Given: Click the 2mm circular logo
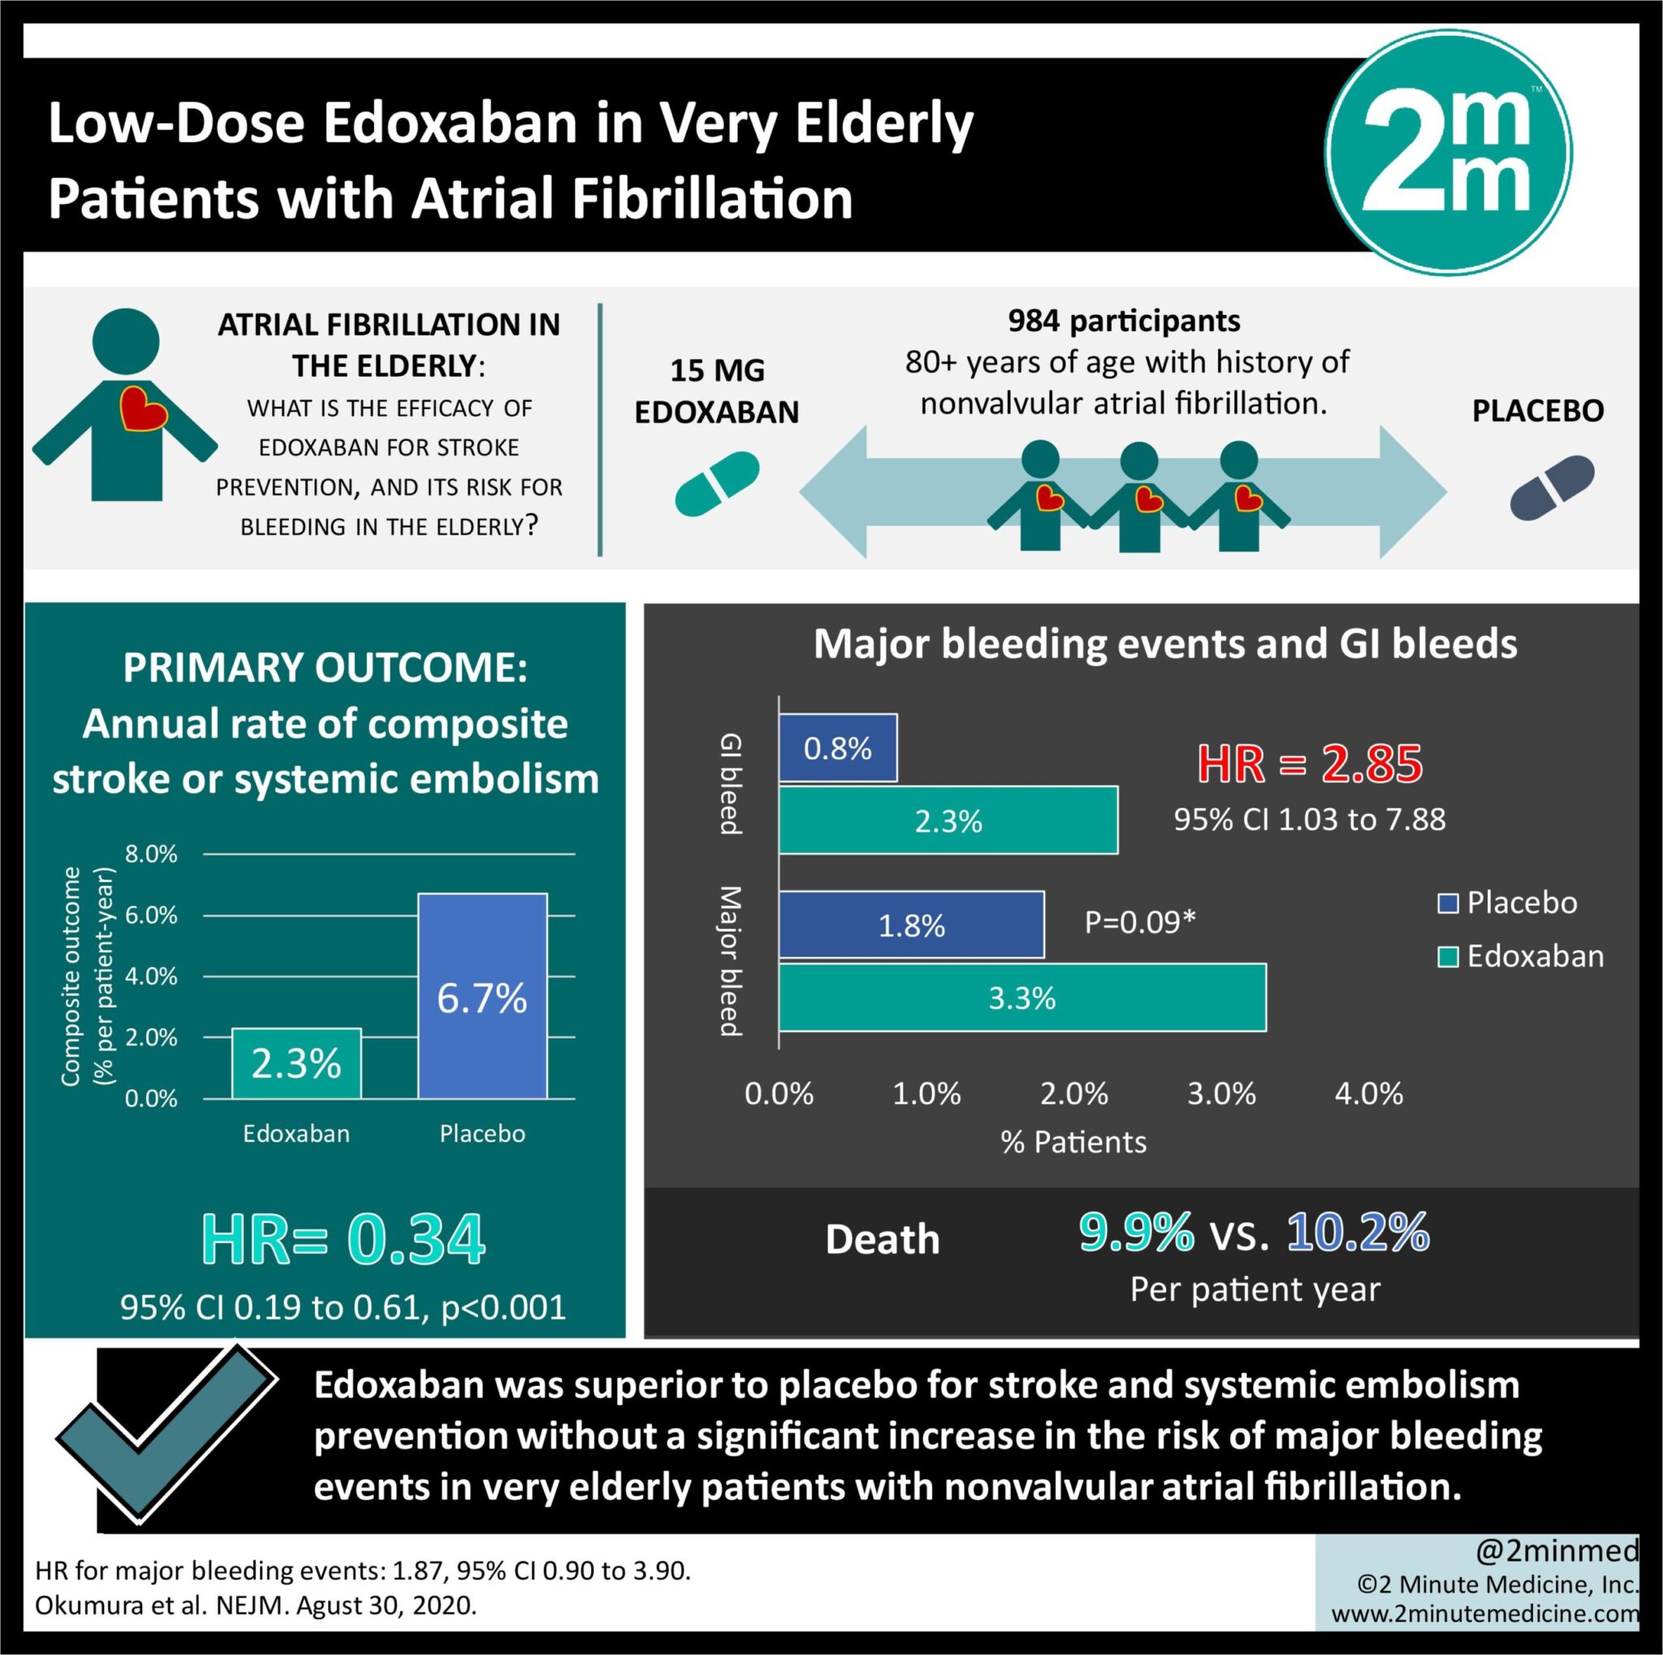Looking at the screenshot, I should click(1448, 153).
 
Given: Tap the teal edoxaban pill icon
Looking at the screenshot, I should click(717, 485).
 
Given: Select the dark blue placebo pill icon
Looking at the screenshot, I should click(1552, 488).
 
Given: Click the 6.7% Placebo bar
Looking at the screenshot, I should click(482, 996).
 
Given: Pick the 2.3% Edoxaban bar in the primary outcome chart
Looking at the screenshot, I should click(296, 1064).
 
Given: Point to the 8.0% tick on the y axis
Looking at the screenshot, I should click(152, 854).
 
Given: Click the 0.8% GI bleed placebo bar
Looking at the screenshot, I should click(837, 749).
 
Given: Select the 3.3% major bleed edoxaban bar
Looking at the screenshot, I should click(1022, 997).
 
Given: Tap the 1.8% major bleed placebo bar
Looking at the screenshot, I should click(912, 925).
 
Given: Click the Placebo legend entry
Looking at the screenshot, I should click(1508, 903).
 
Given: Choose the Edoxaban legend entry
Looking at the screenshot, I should click(1520, 956).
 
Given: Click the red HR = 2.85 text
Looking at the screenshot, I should click(1309, 764).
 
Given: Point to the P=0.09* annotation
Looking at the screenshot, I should click(1139, 923).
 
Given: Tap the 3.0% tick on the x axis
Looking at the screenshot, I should click(1220, 1094).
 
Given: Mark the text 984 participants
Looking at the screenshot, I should click(1124, 321).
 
